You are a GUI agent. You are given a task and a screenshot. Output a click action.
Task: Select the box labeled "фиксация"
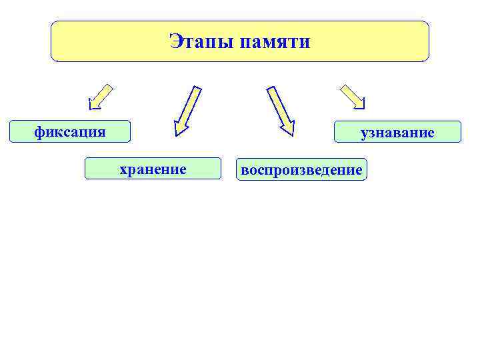[69, 131]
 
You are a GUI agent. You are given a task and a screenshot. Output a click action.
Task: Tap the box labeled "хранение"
[152, 169]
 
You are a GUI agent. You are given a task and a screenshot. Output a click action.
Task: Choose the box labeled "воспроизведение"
[301, 170]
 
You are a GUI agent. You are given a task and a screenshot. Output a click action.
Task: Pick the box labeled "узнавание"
[397, 132]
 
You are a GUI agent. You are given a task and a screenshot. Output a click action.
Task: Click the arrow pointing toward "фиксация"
[101, 96]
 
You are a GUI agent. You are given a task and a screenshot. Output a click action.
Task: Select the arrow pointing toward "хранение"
[187, 109]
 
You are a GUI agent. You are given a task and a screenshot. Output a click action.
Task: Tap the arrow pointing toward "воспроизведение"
[280, 109]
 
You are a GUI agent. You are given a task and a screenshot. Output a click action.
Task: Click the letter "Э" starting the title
[175, 42]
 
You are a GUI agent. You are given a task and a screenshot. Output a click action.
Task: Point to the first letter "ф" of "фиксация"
[39, 131]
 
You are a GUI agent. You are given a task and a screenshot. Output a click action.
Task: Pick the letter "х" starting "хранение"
[123, 169]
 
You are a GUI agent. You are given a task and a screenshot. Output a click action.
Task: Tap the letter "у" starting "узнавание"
[364, 133]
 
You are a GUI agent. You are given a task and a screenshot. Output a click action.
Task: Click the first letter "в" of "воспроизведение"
[245, 170]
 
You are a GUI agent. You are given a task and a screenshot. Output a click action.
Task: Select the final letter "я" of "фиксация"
[101, 131]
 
